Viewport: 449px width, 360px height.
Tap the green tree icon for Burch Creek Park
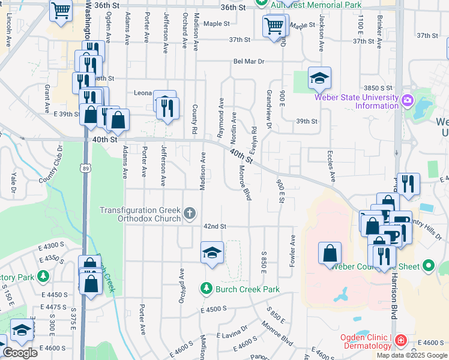[206, 289]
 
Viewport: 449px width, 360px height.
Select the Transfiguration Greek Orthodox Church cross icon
[190, 213]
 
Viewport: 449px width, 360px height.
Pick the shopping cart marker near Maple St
[274, 26]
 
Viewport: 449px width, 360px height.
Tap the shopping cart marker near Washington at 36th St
[61, 10]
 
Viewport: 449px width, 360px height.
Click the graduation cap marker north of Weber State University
[319, 77]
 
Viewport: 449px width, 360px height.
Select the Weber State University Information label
[360, 102]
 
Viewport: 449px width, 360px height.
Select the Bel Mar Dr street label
[249, 61]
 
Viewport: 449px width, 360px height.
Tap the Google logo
[19, 352]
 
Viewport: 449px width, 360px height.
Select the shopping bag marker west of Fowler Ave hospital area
[330, 253]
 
